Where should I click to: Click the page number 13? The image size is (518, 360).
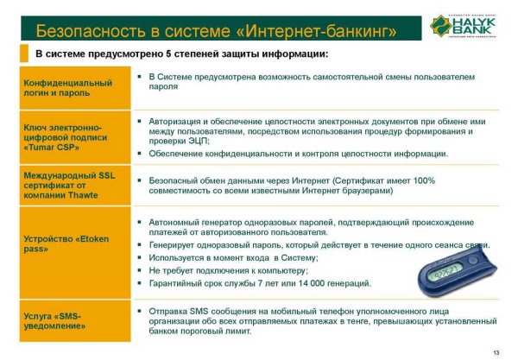tap(496, 351)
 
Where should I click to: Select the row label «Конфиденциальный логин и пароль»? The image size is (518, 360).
tap(68, 88)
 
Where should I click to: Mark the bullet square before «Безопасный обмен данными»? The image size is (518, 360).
tap(139, 180)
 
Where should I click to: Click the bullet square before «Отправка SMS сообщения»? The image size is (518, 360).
tap(139, 307)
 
